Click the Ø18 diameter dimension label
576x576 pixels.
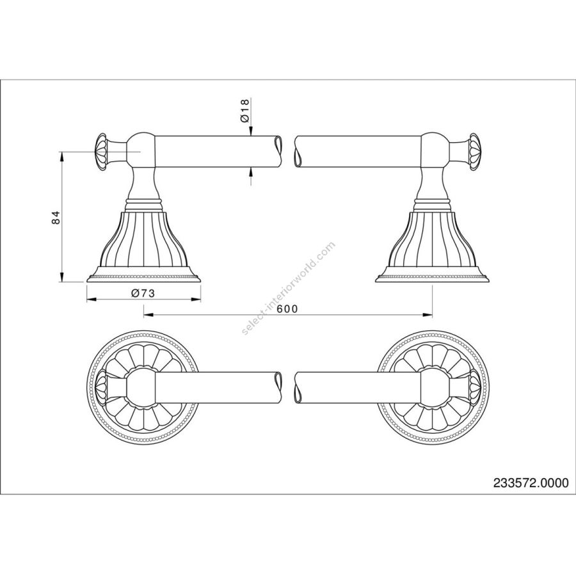coord(245,111)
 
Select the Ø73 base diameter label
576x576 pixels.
coord(143,293)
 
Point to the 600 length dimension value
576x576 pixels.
coord(287,309)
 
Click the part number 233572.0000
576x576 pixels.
coord(531,483)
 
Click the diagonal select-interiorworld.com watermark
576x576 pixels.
coord(288,289)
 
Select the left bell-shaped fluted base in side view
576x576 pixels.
coord(143,247)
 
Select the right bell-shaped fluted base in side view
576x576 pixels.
coord(433,247)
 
